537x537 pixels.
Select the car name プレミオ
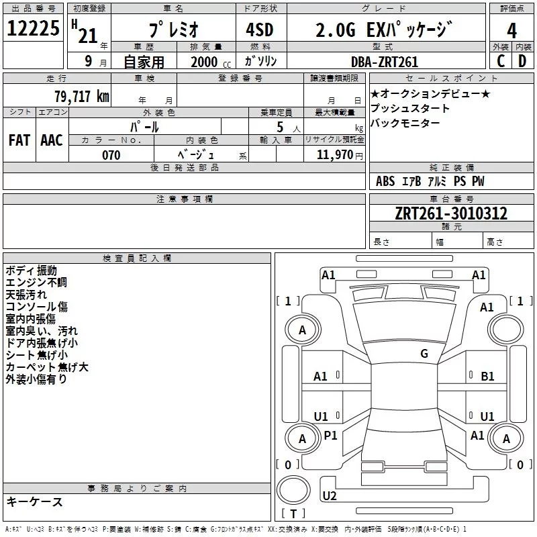pos(171,31)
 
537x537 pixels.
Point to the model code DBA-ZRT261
pos(384,62)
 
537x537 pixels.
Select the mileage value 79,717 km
pos(81,96)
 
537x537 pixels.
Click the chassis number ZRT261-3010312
pos(451,213)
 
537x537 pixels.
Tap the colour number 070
pos(111,155)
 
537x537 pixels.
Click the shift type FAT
pos(19,140)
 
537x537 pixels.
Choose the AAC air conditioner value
pos(51,140)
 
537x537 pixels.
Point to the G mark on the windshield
pos(424,354)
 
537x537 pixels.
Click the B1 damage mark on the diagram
pos(487,377)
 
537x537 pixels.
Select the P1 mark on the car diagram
pos(330,436)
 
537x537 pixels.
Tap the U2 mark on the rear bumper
pos(329,496)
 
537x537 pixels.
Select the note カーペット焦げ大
pos(46,367)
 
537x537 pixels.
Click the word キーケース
pos(34,501)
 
